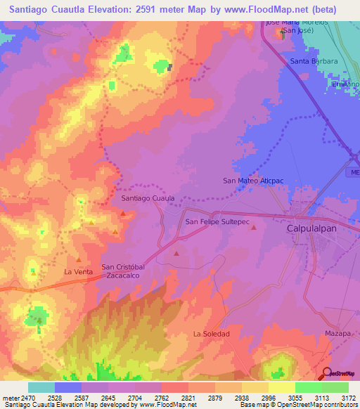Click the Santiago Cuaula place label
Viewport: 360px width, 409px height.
[x=148, y=199]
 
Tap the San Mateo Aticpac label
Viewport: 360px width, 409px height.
[x=252, y=181]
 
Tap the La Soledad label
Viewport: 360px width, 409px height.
[x=212, y=333]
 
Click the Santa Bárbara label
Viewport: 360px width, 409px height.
[x=314, y=61]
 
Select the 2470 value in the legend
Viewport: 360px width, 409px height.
[x=27, y=397]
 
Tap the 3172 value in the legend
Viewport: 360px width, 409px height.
[x=347, y=397]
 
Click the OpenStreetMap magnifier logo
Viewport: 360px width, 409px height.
[x=326, y=374]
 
